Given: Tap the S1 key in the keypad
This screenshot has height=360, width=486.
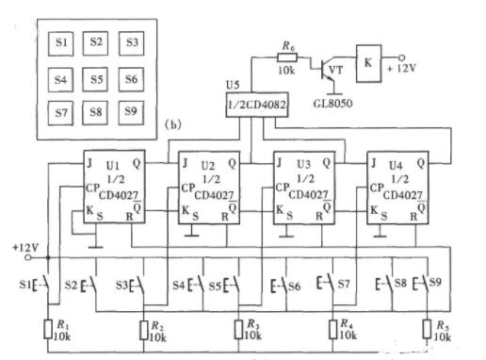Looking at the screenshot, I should (58, 43).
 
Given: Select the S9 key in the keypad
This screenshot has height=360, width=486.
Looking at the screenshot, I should (132, 112).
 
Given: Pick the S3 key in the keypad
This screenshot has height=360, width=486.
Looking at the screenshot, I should (132, 43).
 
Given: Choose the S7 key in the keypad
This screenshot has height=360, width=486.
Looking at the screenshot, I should (58, 112).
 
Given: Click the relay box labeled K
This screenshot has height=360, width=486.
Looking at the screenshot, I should (368, 57).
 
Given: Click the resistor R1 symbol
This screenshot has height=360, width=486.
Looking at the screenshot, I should (49, 328).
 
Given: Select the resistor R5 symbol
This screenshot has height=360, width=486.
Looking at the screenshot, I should (427, 328).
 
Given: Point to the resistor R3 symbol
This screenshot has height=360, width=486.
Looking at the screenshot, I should (236, 328).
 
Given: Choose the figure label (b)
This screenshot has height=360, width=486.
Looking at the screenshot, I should (172, 124).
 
